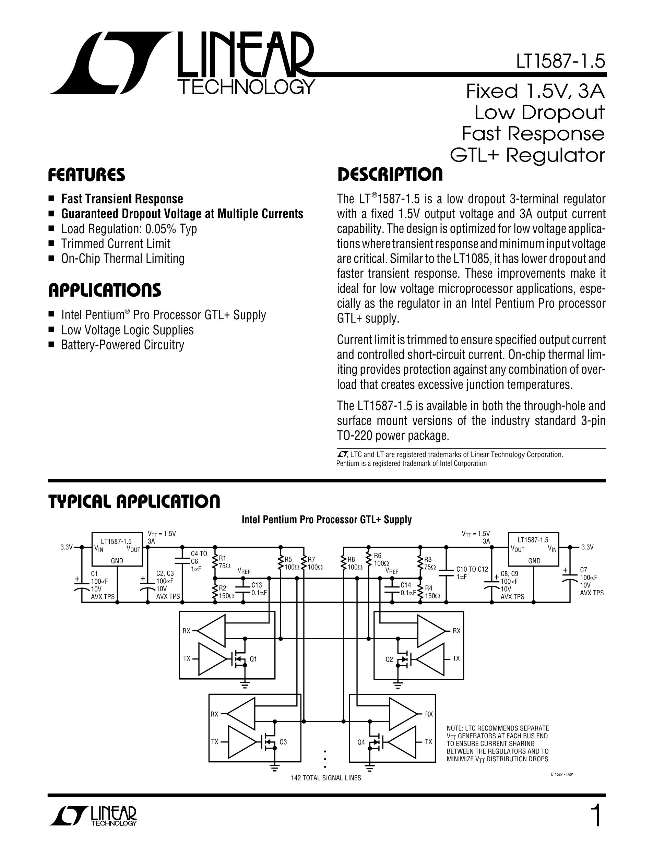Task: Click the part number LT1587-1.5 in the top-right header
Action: tap(560, 62)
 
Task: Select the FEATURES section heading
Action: tap(86, 175)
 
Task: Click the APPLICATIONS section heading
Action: tap(105, 290)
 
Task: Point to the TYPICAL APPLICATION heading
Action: tap(134, 501)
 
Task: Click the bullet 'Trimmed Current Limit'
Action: tap(116, 244)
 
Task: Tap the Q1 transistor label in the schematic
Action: tap(253, 659)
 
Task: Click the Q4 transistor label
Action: tap(361, 742)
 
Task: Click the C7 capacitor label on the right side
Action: tap(584, 570)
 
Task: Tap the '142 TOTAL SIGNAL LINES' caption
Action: tap(326, 778)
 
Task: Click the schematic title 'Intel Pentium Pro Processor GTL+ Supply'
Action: tap(326, 520)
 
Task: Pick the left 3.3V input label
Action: tap(66, 547)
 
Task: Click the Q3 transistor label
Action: tap(283, 742)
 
